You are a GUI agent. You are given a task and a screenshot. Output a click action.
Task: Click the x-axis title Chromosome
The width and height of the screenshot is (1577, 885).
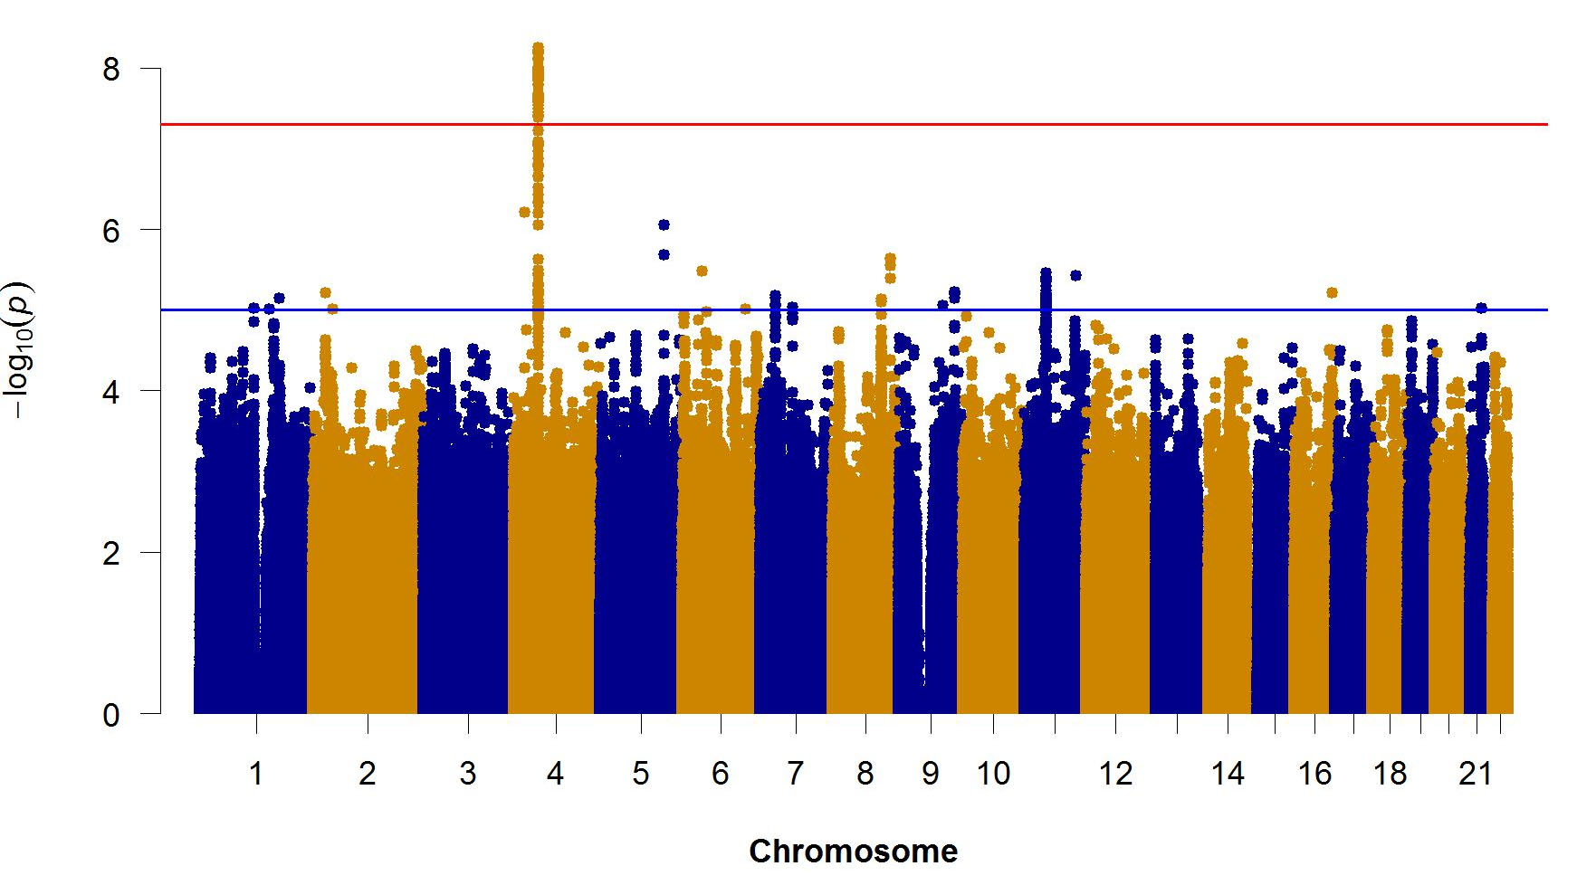click(x=853, y=852)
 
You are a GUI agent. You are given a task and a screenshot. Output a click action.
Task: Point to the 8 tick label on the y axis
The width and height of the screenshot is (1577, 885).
click(x=111, y=70)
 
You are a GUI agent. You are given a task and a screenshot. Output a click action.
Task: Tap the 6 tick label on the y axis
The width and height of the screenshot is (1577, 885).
click(x=111, y=231)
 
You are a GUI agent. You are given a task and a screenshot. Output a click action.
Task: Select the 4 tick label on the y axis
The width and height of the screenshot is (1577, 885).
click(x=111, y=392)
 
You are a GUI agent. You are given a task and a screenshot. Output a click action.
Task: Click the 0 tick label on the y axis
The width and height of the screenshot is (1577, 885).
click(x=111, y=715)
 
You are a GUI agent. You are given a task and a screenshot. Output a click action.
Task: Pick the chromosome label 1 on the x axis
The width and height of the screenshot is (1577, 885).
click(x=256, y=774)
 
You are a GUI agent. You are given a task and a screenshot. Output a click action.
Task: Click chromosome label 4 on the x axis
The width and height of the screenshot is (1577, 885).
click(x=555, y=774)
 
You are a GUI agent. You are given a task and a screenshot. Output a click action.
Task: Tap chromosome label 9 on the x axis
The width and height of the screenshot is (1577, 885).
click(x=931, y=774)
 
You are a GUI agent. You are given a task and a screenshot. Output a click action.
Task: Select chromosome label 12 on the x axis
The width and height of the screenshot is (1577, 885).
click(x=1115, y=774)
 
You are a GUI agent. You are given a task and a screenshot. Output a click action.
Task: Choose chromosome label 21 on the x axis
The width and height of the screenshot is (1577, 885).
click(x=1476, y=774)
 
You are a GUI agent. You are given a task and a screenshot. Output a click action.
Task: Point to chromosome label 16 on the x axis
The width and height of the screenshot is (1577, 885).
click(x=1314, y=774)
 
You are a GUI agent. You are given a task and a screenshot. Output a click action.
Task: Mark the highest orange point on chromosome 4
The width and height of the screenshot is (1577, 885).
click(x=538, y=47)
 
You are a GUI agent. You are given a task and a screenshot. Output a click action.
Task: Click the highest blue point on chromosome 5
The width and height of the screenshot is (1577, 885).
click(x=664, y=224)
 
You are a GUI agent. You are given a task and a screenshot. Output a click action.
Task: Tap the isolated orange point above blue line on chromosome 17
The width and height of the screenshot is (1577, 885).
click(x=1332, y=292)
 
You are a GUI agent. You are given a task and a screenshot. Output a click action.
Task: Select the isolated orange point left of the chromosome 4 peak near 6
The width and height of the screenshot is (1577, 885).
click(x=524, y=212)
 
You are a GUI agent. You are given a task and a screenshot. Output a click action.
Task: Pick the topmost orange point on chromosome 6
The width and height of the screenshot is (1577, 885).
click(x=702, y=271)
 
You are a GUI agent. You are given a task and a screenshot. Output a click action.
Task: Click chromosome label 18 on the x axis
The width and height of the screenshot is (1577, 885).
click(x=1391, y=774)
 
